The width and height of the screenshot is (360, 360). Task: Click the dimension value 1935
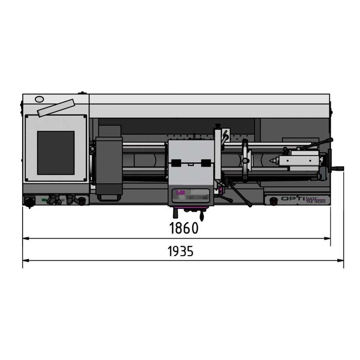[x=181, y=252]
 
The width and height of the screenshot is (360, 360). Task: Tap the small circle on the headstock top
[x=40, y=99]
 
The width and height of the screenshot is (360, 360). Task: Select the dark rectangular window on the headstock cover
[x=56, y=152]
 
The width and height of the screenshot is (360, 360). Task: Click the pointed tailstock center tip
[x=269, y=161]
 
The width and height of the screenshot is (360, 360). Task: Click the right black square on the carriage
[x=207, y=163]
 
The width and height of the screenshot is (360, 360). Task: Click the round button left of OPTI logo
[x=273, y=199]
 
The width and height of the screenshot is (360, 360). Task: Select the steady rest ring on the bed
[x=246, y=161]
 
